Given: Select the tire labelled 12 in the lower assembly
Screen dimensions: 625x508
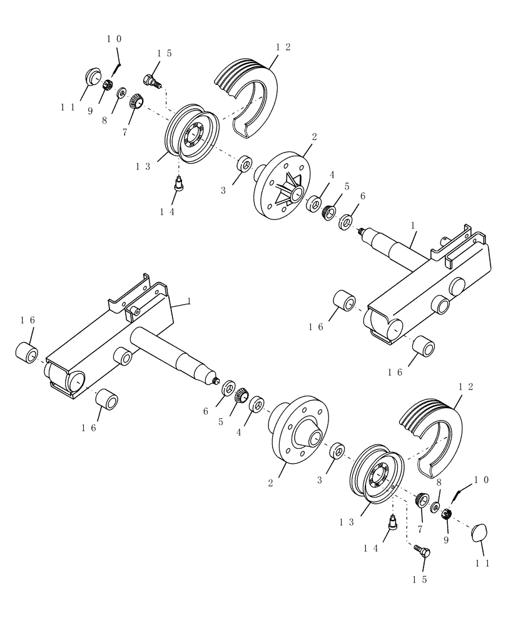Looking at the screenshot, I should coord(432,431).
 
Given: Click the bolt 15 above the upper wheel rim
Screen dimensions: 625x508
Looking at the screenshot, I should coord(151,81).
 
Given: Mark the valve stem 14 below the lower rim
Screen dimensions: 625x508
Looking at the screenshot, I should coord(394,523).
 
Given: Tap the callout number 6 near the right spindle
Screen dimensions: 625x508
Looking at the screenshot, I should coord(362,196).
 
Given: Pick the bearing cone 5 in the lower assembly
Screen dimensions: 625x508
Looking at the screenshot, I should coord(241,395).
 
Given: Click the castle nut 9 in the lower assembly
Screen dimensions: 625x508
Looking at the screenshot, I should coord(447,514).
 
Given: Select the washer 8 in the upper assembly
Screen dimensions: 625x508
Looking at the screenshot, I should coord(121,92).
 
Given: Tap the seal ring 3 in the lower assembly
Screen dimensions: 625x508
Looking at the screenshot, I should coord(338,451).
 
